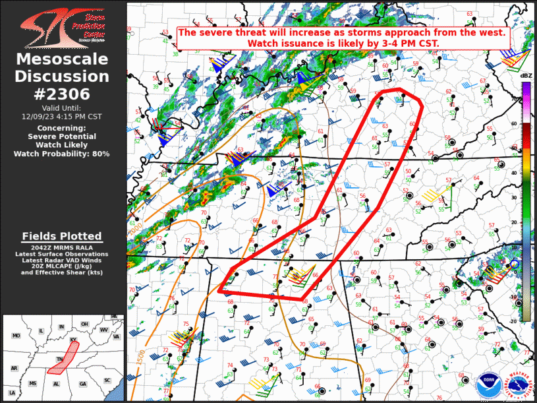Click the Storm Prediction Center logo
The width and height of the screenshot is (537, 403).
[x=62, y=26]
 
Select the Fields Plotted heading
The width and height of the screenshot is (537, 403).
[x=62, y=236]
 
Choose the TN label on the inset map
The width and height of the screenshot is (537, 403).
[x=58, y=359]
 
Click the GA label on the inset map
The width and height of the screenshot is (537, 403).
[x=82, y=383]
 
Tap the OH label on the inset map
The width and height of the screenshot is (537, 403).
[x=84, y=324]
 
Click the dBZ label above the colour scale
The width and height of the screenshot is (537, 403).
[x=526, y=77]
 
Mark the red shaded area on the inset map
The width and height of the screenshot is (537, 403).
[x=61, y=357]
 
